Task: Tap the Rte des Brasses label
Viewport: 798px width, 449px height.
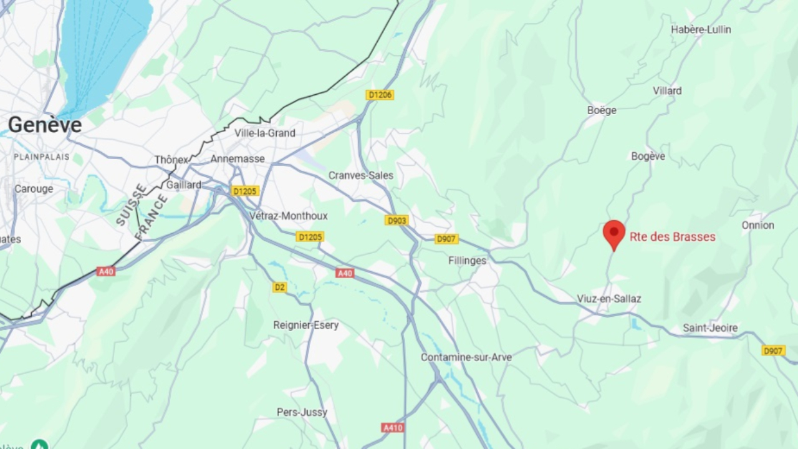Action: (672, 237)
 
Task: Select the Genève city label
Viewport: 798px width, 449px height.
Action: (45, 125)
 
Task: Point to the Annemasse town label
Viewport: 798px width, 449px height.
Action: (238, 159)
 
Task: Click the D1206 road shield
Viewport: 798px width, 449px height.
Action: (380, 95)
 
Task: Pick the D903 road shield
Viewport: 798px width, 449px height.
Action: (397, 220)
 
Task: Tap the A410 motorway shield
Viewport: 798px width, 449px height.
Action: (393, 428)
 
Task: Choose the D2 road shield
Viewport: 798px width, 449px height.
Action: (279, 287)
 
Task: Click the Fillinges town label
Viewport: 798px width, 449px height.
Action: (467, 261)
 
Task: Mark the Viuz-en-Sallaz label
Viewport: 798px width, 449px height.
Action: (608, 299)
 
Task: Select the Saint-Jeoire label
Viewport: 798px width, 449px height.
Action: (709, 328)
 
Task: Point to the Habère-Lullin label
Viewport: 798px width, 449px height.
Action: (701, 29)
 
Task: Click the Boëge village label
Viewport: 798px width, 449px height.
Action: (602, 110)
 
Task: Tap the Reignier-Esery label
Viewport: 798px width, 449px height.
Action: (306, 325)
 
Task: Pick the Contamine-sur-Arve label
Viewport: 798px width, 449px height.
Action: (466, 357)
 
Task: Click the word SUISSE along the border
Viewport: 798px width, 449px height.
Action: (131, 204)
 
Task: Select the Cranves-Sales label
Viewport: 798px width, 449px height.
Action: (361, 175)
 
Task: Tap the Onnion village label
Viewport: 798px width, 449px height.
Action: (757, 225)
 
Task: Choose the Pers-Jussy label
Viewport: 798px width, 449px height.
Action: (302, 412)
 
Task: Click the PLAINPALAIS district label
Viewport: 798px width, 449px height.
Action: (42, 157)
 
